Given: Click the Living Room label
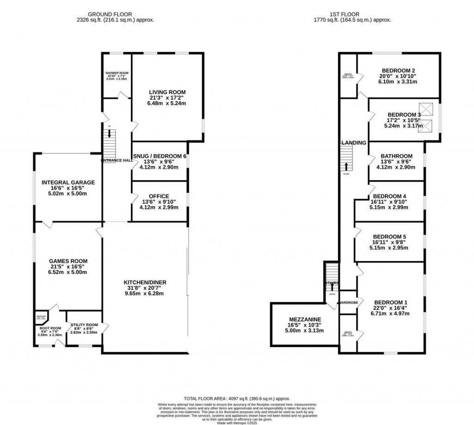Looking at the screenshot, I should pyautogui.click(x=167, y=92).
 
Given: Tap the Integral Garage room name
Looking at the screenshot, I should pyautogui.click(x=68, y=183).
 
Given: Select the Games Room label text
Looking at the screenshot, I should pyautogui.click(x=69, y=261).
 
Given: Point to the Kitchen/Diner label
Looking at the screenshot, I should pyautogui.click(x=145, y=282).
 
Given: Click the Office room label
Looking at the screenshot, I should pyautogui.click(x=159, y=196).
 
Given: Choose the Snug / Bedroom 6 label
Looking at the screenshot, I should pyautogui.click(x=159, y=156).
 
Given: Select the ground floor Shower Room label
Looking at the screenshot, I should pyautogui.click(x=117, y=73).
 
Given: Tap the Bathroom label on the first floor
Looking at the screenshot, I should pyautogui.click(x=396, y=156).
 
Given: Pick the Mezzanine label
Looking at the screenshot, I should pyautogui.click(x=305, y=319).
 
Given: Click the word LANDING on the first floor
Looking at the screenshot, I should pyautogui.click(x=354, y=143).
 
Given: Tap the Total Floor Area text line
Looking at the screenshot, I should pyautogui.click(x=237, y=398).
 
